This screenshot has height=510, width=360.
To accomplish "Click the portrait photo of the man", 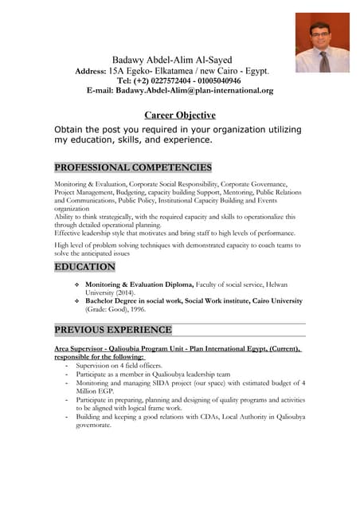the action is [323, 42].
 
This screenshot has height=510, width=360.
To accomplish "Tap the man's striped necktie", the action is [324, 61].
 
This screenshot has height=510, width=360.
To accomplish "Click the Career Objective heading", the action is [179, 115].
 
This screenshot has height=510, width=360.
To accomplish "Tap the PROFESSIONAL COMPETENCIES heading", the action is [133, 167].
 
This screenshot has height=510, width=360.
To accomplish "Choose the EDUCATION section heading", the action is [84, 267].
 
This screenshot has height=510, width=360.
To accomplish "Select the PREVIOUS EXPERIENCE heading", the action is [112, 329].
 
